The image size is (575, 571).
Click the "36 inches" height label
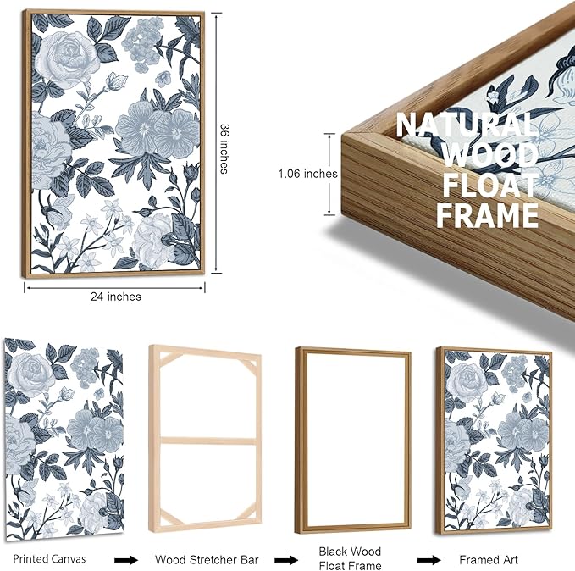(224, 148)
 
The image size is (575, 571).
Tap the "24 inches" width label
(116, 297)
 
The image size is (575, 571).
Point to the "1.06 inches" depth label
(307, 174)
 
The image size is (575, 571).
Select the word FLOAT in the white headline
(490, 185)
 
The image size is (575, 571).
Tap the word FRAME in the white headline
(488, 215)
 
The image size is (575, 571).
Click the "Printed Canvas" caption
(49, 559)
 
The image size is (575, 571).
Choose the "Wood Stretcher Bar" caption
(207, 560)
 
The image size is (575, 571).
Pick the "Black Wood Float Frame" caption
(351, 558)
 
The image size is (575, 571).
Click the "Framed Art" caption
(489, 560)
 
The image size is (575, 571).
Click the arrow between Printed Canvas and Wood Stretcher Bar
(126, 560)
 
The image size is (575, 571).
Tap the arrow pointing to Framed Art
(428, 560)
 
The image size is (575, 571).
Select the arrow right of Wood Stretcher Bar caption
(286, 560)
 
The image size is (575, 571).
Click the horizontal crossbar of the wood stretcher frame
(208, 441)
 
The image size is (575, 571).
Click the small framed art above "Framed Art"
(494, 441)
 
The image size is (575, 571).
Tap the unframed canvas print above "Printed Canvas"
(64, 439)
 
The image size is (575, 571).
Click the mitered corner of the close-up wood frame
(348, 136)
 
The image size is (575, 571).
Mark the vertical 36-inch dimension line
(216, 143)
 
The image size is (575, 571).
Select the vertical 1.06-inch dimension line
(329, 174)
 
